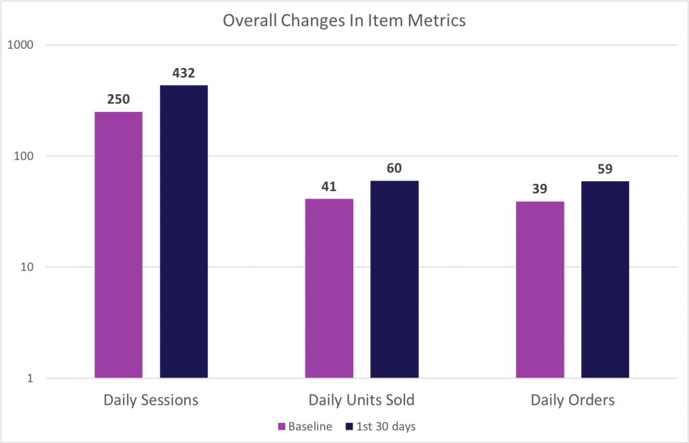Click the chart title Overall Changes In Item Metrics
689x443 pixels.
pos(344,21)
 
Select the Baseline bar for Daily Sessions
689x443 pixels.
pos(118,245)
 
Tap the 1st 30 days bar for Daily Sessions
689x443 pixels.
pos(184,232)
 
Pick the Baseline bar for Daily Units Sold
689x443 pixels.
pos(329,288)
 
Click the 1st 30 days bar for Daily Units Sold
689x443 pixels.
pos(394,279)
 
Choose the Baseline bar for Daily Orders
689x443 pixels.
pos(540,289)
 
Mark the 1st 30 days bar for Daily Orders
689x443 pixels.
pos(605,279)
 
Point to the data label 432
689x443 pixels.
pos(184,73)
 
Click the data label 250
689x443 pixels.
pos(118,100)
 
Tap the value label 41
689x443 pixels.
pos(328,186)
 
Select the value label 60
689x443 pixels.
pos(394,168)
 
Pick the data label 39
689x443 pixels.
pos(540,189)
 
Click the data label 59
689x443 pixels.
pos(605,169)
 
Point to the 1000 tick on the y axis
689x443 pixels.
pos(21,45)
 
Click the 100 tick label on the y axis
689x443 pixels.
pos(25,156)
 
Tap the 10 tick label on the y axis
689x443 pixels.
pos(28,267)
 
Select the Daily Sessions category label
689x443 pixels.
pos(151,401)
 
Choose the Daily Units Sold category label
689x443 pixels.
pos(361,401)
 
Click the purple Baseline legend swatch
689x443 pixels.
pos(282,426)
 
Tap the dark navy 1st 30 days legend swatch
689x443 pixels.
pos(349,426)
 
